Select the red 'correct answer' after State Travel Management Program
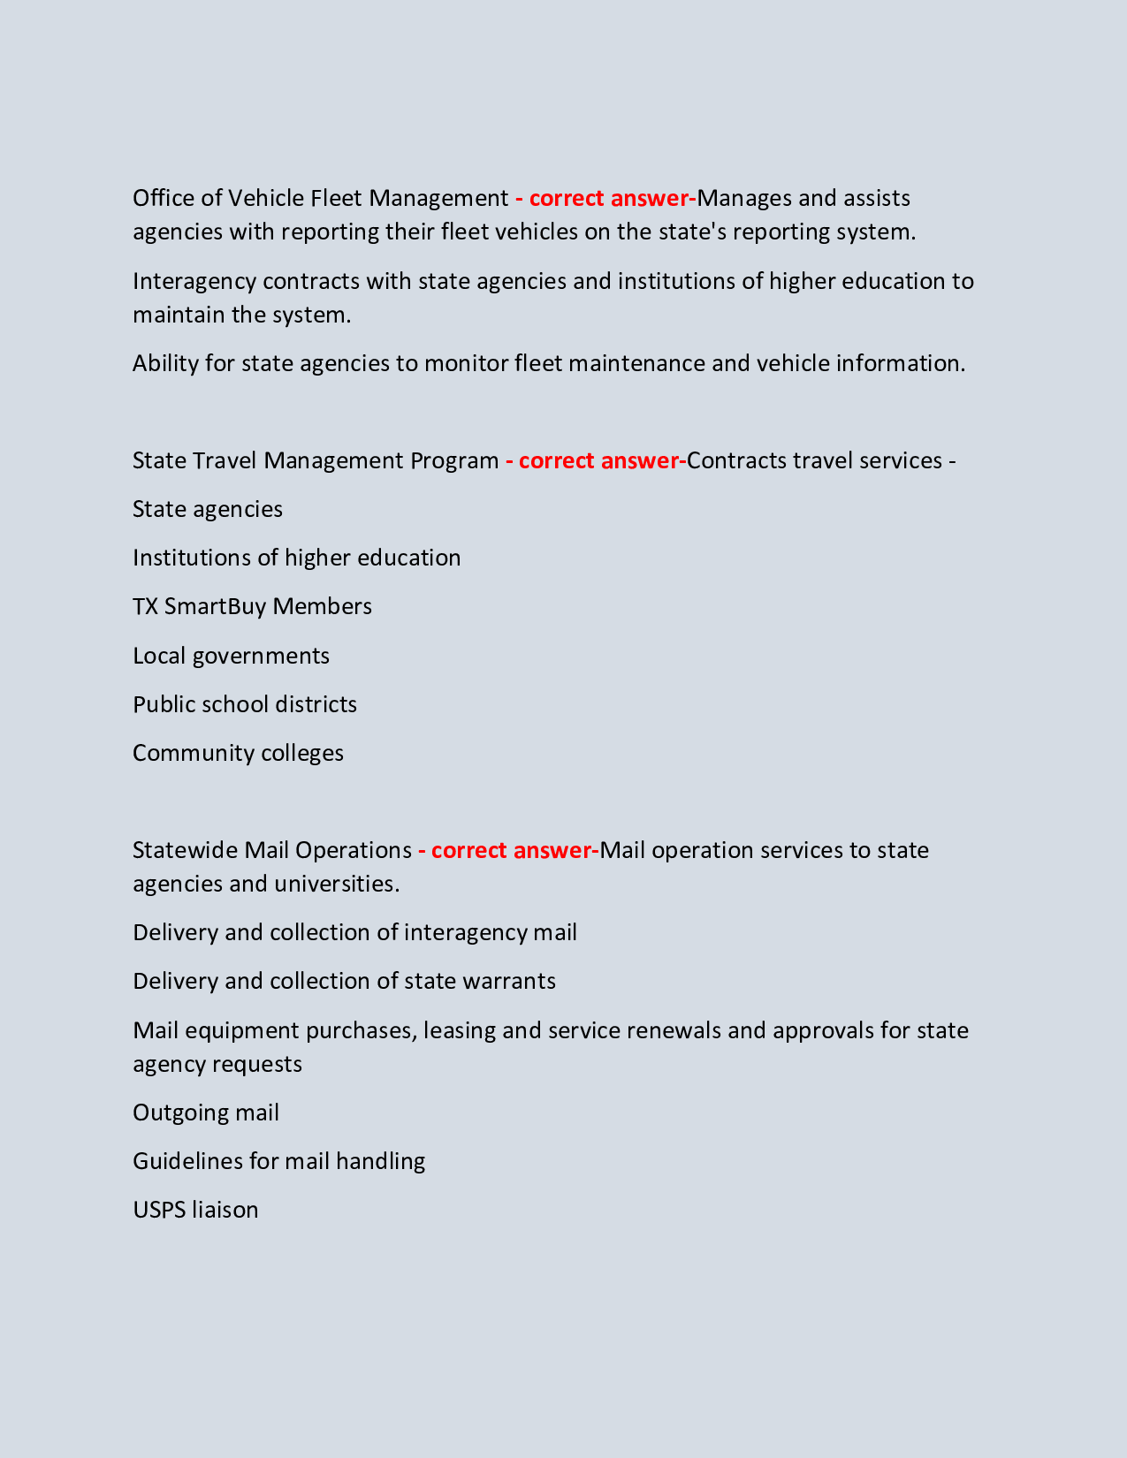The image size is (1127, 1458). pyautogui.click(x=598, y=460)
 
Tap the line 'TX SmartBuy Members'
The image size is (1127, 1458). pyautogui.click(x=252, y=606)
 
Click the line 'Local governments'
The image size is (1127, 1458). pyautogui.click(x=231, y=656)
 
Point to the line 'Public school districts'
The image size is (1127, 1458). pyautogui.click(x=245, y=704)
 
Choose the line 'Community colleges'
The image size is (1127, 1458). pyautogui.click(x=238, y=753)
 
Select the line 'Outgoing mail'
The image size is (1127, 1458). pyautogui.click(x=205, y=1112)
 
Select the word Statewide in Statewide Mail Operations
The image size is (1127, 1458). pyautogui.click(x=185, y=850)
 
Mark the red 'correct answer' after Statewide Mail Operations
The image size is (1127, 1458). pyautogui.click(x=511, y=850)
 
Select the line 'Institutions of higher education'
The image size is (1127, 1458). pyautogui.click(x=296, y=558)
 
